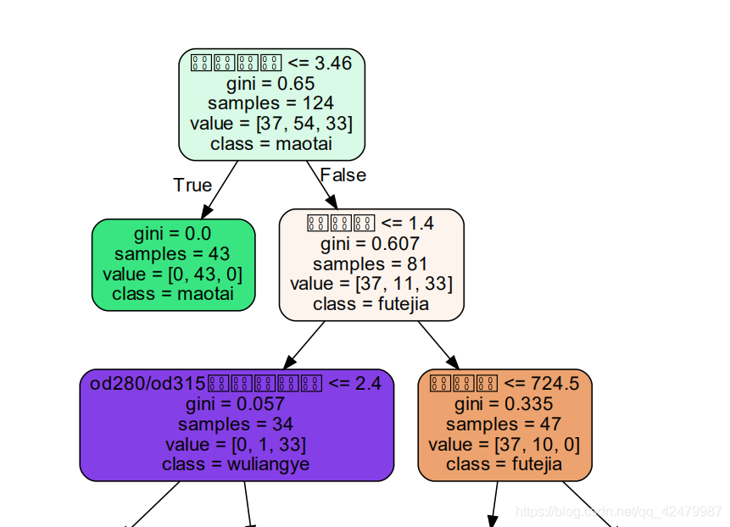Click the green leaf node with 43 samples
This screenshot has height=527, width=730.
click(173, 264)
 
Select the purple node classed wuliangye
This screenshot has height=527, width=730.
click(237, 424)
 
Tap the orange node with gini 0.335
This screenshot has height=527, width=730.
click(504, 424)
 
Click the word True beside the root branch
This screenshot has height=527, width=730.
click(192, 185)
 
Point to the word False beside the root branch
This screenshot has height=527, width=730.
click(343, 175)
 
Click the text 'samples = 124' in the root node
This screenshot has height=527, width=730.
click(270, 103)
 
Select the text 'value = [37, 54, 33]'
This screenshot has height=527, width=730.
click(271, 124)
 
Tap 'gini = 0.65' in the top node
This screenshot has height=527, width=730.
click(270, 84)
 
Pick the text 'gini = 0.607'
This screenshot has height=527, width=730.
click(371, 244)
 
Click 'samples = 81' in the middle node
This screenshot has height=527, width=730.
click(371, 263)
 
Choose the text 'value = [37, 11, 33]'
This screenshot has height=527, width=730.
click(371, 283)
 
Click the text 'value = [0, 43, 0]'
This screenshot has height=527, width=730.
click(173, 274)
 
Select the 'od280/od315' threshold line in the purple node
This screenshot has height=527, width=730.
click(237, 384)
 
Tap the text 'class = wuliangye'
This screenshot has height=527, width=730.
click(237, 464)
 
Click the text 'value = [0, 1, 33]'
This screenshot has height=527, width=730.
click(237, 444)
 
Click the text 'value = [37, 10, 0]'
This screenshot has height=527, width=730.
click(504, 444)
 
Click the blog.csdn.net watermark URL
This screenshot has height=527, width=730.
click(619, 512)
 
